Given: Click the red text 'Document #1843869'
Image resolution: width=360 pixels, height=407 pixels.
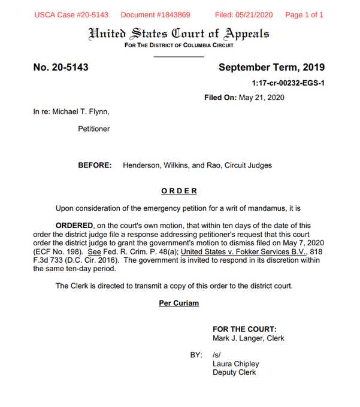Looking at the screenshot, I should pyautogui.click(x=155, y=14).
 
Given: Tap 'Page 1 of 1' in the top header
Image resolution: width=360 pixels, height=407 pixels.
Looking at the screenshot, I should pyautogui.click(x=304, y=14).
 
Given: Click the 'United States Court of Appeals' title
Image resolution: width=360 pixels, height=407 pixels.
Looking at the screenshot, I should pyautogui.click(x=179, y=33).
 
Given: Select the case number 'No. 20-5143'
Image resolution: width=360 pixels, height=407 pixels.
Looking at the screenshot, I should pyautogui.click(x=61, y=67).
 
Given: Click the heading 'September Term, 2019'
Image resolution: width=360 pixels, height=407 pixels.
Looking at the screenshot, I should pyautogui.click(x=271, y=67).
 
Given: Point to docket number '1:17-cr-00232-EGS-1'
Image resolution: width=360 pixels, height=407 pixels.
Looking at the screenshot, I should pyautogui.click(x=288, y=83).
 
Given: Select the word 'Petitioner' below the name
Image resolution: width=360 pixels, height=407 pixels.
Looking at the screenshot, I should pyautogui.click(x=94, y=129).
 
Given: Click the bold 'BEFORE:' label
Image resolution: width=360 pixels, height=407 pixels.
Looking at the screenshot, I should pyautogui.click(x=95, y=165).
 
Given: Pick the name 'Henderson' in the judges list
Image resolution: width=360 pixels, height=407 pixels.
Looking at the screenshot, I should pyautogui.click(x=141, y=165).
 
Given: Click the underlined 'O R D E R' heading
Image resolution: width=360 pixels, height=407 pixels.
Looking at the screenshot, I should pyautogui.click(x=179, y=191).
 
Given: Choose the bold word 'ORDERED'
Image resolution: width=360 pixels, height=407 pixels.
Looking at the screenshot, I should pyautogui.click(x=74, y=225).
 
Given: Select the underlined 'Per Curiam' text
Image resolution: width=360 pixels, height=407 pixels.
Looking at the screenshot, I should pyautogui.click(x=179, y=303).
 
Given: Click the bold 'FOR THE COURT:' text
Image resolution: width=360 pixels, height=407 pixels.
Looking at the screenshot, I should pyautogui.click(x=244, y=329).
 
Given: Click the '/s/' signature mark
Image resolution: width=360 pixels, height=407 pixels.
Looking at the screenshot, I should pyautogui.click(x=217, y=355).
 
